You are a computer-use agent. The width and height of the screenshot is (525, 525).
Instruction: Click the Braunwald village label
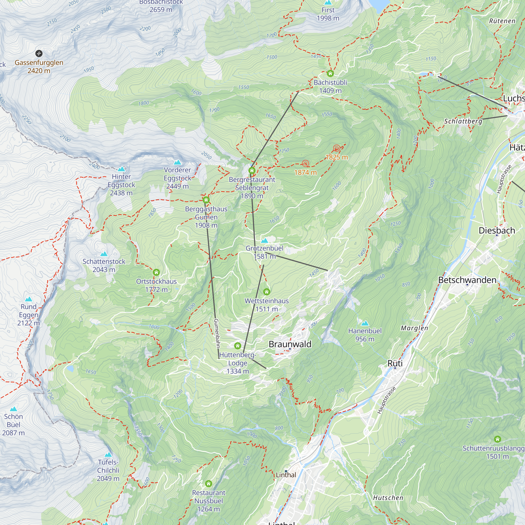(290, 344)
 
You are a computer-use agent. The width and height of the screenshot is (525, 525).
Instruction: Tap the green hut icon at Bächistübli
(330, 73)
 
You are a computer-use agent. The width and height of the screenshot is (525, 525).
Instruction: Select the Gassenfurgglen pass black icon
(39, 53)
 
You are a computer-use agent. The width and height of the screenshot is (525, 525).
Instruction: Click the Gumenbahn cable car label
(217, 333)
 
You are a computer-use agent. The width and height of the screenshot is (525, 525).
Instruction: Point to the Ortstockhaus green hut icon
(156, 272)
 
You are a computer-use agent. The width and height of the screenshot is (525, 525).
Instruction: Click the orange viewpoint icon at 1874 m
(306, 164)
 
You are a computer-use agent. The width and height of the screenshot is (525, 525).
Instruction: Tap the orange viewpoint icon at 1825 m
(337, 148)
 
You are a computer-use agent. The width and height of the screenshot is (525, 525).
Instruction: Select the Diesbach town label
(497, 230)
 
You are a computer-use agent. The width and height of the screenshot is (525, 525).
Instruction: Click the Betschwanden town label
(467, 280)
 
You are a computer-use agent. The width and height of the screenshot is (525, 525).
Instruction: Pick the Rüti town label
(395, 363)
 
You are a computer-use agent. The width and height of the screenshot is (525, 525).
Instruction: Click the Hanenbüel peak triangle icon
(365, 323)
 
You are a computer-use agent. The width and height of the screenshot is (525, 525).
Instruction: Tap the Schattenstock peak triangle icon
(104, 254)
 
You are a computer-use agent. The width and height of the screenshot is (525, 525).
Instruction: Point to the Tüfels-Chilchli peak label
(108, 470)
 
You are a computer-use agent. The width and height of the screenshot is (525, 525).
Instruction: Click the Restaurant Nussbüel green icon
(208, 484)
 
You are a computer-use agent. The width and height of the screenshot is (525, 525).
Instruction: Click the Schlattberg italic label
(463, 121)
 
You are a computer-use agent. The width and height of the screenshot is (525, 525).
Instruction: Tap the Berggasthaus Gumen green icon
(206, 200)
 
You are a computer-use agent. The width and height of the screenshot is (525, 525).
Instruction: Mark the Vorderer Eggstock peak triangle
(177, 162)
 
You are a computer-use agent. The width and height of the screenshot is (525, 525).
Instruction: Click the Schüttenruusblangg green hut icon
(497, 439)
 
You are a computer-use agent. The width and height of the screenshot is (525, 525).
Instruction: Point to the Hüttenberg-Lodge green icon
(238, 346)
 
